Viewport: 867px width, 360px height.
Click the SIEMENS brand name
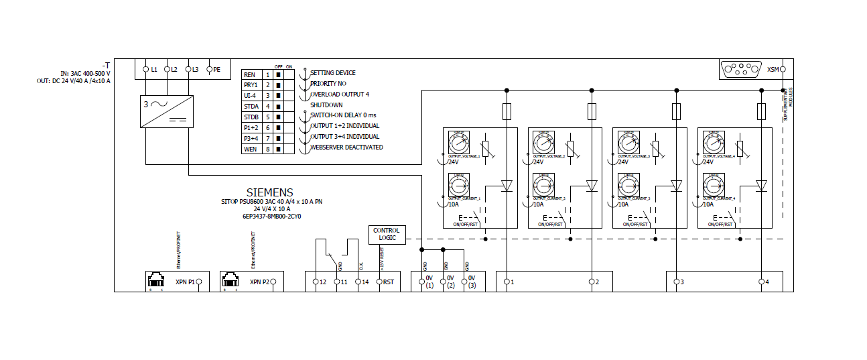pos(269,192)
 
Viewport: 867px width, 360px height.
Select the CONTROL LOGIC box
pos(387,235)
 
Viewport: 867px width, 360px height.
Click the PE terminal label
pos(216,69)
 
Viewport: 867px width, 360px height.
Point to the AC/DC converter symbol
pos(167,110)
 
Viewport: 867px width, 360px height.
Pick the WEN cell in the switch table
pos(251,149)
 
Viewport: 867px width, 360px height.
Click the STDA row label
pos(251,106)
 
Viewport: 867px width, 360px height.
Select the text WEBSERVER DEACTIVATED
pos(346,147)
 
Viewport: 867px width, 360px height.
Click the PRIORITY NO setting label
pos(328,84)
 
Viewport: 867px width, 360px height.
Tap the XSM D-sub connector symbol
pos(741,69)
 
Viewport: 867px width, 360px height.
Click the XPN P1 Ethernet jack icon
pos(156,280)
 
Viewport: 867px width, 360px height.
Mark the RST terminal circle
pos(379,282)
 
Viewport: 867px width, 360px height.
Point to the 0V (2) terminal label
pos(450,282)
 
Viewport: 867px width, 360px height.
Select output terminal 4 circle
pos(761,282)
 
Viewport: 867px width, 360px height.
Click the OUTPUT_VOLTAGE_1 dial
pos(458,143)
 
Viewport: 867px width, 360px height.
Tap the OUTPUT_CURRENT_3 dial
pos(628,185)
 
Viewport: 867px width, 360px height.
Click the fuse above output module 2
pos(592,111)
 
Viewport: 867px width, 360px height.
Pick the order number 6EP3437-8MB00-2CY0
pos(270,217)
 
